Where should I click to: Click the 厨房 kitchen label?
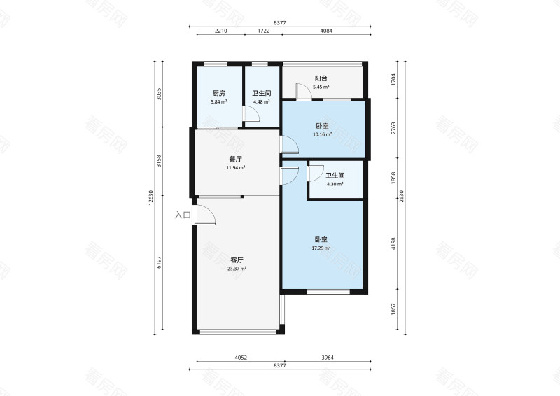[218, 94]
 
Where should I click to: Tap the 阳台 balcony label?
[321, 78]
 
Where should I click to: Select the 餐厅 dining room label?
[235, 160]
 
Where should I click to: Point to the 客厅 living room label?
[237, 260]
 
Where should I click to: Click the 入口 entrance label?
[183, 215]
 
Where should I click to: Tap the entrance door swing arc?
[211, 211]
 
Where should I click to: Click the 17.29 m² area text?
[321, 248]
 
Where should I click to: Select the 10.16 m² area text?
[322, 134]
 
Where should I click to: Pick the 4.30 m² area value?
[335, 184]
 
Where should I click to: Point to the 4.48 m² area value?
[261, 101]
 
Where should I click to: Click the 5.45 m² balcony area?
[321, 87]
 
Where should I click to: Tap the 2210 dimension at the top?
[220, 31]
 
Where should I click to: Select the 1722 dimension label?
[264, 31]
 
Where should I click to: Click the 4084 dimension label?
[326, 31]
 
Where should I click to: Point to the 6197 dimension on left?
[160, 263]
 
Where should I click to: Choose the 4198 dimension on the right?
[393, 243]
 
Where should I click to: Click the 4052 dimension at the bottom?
[241, 358]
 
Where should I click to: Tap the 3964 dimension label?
[328, 358]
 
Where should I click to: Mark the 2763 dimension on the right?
[393, 128]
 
